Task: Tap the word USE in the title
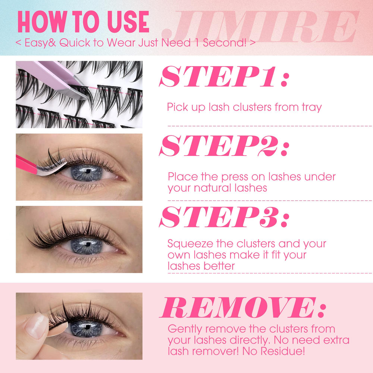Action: (x=128, y=22)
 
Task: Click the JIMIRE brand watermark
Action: (x=260, y=26)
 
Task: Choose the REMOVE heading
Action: (x=243, y=307)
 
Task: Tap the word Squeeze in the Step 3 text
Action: (x=190, y=244)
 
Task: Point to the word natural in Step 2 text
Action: (x=213, y=188)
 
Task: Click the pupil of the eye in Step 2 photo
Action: (x=88, y=171)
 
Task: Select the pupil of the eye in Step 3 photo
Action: (x=88, y=244)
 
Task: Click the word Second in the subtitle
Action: (x=225, y=43)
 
